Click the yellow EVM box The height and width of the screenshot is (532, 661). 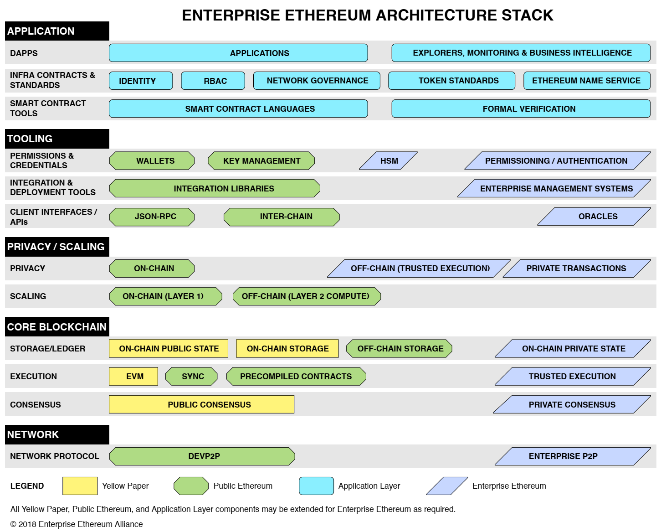pos(133,376)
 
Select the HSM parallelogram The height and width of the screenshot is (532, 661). pos(388,160)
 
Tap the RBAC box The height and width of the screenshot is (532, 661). pos(213,81)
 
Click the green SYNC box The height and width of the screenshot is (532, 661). pos(191,376)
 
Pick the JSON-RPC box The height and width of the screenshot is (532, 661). pos(152,217)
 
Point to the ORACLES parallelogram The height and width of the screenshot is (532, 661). pos(594,217)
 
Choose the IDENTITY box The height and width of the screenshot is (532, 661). pos(141,81)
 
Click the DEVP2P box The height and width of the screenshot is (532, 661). pos(202,456)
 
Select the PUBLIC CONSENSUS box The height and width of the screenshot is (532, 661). pos(201,404)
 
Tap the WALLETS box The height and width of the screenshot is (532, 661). pos(152,160)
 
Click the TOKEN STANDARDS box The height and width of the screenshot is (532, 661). pos(451,81)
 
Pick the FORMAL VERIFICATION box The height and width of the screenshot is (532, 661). pos(521,108)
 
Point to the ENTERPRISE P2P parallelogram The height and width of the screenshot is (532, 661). pos(573,456)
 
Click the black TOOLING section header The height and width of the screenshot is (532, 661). pos(57,139)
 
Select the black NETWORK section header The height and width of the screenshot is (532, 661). pos(57,434)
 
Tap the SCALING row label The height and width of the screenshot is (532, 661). pos(28,296)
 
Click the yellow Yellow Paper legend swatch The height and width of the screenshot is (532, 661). pos(80,486)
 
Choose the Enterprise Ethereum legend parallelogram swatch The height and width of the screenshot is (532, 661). pos(447,486)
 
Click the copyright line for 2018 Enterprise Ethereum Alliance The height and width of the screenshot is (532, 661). pos(77,524)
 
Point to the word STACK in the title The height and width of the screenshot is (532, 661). pos(527,15)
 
